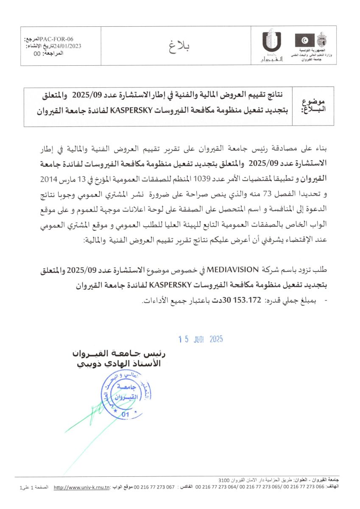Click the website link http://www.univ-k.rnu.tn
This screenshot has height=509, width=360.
[82, 488]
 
